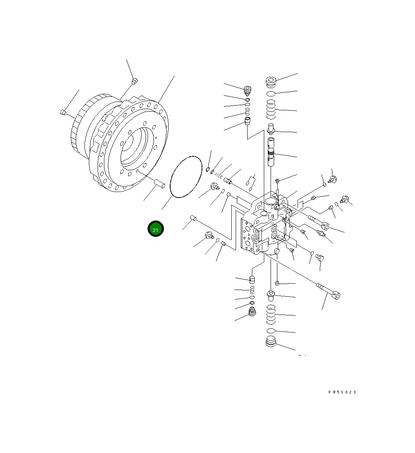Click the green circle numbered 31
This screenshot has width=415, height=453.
click(156, 229)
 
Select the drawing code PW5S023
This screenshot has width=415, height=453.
click(342, 392)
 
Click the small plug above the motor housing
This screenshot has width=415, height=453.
click(134, 81)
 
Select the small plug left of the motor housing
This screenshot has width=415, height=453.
click(62, 113)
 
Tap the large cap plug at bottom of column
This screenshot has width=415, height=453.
click(271, 342)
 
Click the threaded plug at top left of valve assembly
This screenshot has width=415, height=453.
click(248, 90)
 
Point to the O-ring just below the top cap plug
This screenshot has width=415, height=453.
click(271, 94)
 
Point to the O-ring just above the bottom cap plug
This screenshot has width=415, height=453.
click(271, 330)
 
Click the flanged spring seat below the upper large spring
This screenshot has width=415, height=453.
click(271, 128)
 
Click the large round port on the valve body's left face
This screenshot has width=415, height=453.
click(250, 239)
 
